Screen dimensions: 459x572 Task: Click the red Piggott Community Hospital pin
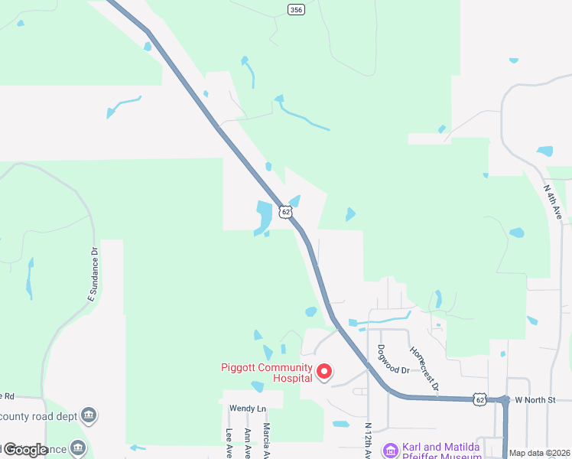(x=324, y=372)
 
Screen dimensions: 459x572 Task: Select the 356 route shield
(x=296, y=9)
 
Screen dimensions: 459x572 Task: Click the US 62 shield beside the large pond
(x=285, y=211)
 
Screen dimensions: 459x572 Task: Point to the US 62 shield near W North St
(x=479, y=399)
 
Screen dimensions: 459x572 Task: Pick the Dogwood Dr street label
(x=393, y=358)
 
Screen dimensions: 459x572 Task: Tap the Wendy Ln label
(x=247, y=409)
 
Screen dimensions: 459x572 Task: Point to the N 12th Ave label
(x=369, y=441)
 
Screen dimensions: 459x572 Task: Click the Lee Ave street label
(x=229, y=443)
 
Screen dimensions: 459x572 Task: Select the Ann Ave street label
(x=247, y=443)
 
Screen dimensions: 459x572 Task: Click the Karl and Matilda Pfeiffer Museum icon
(x=390, y=450)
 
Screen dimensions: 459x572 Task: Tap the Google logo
(x=25, y=449)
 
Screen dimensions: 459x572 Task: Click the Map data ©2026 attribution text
(x=538, y=453)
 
